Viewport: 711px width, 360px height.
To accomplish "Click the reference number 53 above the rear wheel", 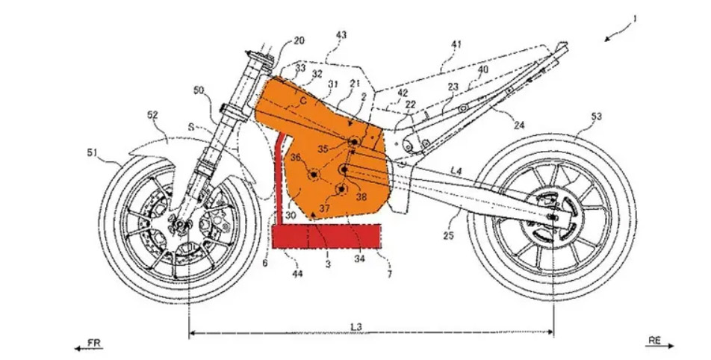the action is pos(596,117).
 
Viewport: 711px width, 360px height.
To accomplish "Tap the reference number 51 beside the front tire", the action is pos(93,153).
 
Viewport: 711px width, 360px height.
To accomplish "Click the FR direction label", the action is pos(94,343).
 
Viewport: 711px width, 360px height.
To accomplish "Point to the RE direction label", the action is pos(654,340).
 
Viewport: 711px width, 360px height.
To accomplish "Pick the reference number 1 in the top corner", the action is pos(635,19).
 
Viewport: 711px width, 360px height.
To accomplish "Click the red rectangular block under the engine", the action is pos(326,236).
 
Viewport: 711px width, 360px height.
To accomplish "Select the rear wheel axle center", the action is pos(553,217).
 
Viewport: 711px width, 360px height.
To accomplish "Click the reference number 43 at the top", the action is pos(341,35).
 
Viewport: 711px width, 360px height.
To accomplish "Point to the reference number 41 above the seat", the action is pos(456,44).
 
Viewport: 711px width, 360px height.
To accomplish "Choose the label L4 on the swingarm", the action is pos(456,170).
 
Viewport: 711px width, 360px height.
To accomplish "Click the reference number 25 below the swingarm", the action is pos(448,236).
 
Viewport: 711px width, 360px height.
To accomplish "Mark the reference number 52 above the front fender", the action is pos(152,115).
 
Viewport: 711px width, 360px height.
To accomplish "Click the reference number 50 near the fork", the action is pos(199,90).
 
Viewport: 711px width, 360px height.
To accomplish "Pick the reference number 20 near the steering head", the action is pos(299,41).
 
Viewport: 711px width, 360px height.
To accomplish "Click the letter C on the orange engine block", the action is pos(303,102).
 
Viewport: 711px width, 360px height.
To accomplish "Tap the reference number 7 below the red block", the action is pos(390,274).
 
